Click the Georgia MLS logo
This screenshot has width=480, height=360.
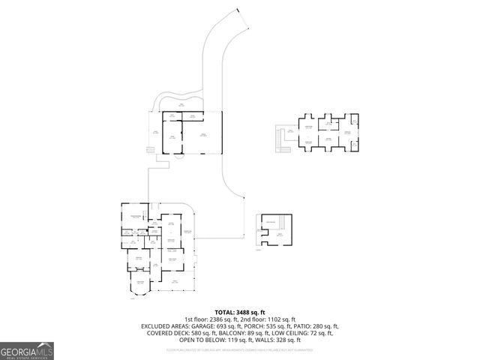click(27, 350)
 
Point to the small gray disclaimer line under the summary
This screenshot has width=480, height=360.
click(240, 349)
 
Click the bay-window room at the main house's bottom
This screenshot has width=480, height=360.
click(140, 285)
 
